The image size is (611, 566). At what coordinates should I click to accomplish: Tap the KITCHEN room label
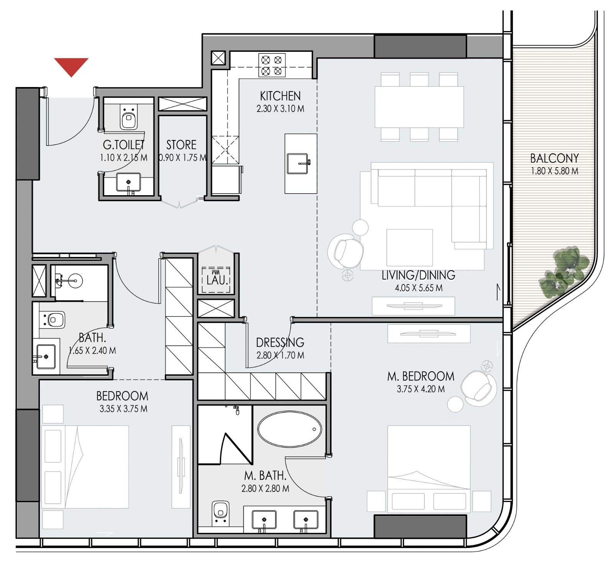[x=280, y=96]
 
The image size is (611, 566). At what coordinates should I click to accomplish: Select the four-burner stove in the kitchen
[x=272, y=65]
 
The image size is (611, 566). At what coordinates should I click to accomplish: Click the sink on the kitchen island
[x=298, y=164]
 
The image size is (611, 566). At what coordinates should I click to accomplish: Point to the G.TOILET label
[x=123, y=145]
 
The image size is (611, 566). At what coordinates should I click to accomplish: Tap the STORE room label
[x=181, y=145]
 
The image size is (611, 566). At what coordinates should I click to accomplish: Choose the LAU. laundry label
[x=217, y=280]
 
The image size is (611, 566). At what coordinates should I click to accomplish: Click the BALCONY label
[x=554, y=158]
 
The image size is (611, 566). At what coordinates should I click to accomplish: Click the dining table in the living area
[x=419, y=107]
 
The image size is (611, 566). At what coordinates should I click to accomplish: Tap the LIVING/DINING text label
[x=419, y=275]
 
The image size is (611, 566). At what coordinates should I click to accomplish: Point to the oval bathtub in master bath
[x=290, y=429]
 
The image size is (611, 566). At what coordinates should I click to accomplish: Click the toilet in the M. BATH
[x=220, y=513]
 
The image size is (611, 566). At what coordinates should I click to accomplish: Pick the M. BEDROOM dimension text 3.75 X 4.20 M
[x=421, y=389]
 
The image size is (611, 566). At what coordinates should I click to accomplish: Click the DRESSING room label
[x=280, y=342]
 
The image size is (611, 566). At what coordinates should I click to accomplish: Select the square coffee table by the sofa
[x=410, y=248]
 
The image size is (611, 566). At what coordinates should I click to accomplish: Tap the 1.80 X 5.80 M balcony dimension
[x=554, y=171]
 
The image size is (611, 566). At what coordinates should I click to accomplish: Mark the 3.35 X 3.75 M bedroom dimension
[x=123, y=409]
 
